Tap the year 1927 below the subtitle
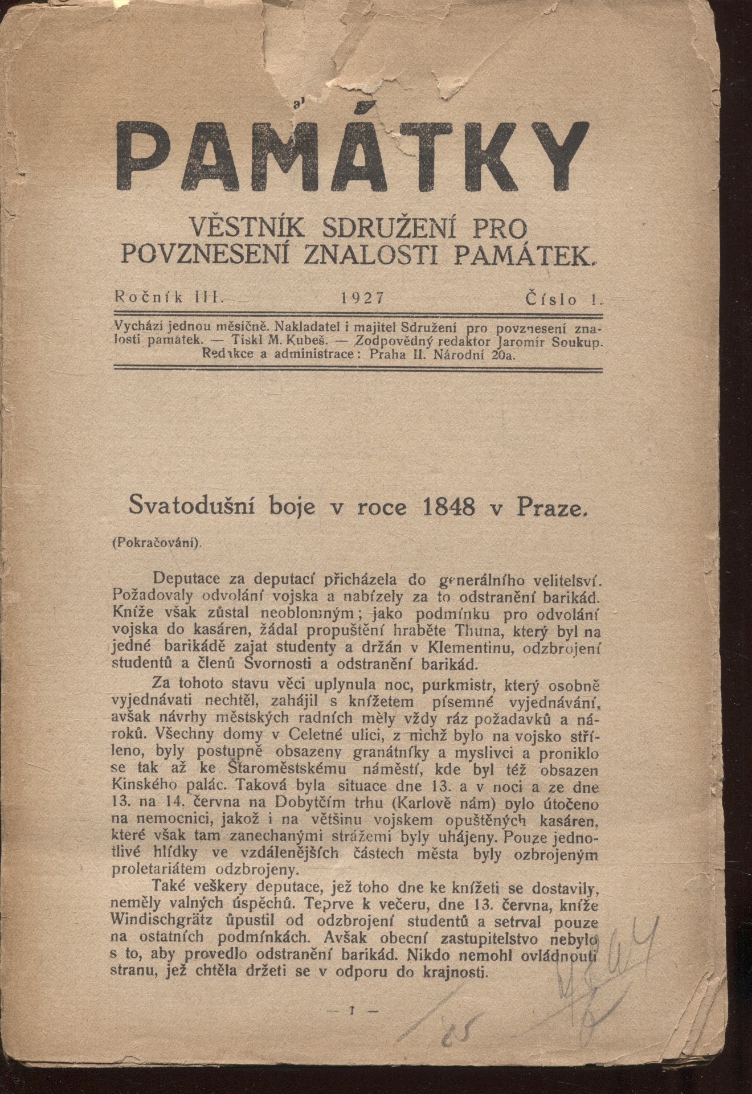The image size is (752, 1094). click(x=362, y=297)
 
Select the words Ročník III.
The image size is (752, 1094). click(x=169, y=296)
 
